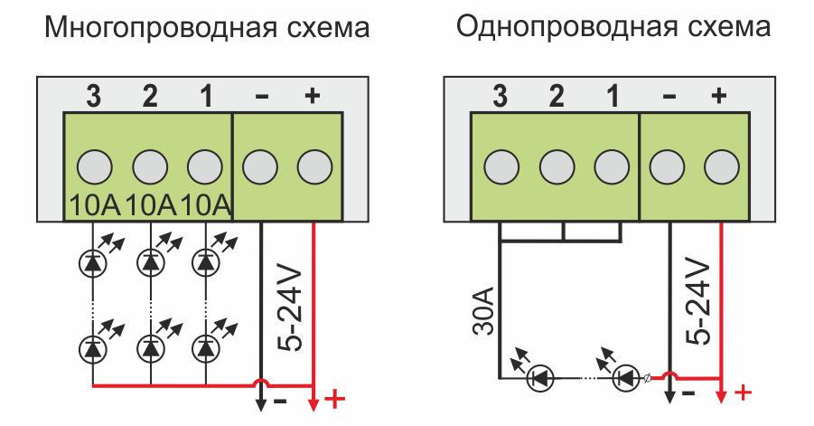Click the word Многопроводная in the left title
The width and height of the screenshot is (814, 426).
pos(161,28)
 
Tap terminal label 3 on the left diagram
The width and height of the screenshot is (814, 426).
pos(93,96)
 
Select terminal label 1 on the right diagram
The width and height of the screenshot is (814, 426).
pos(613,96)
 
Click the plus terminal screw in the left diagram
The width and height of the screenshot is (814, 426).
pos(314,167)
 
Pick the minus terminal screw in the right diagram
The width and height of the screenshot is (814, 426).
pos(667,167)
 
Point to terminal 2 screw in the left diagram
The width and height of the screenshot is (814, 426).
pos(150,167)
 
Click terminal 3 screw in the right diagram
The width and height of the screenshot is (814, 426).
pos(501,167)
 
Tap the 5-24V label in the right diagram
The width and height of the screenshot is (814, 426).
pos(697,302)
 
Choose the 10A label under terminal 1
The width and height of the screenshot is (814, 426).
pos(206,206)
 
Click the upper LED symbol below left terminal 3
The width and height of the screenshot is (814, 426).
pos(93,263)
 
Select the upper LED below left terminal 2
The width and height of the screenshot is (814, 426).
pos(151,263)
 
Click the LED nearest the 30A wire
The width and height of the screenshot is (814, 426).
pos(540,378)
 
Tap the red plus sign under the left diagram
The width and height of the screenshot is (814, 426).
pos(335,400)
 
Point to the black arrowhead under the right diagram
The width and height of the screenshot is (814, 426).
pos(669,396)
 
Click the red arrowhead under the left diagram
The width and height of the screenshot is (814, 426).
pos(313,403)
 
